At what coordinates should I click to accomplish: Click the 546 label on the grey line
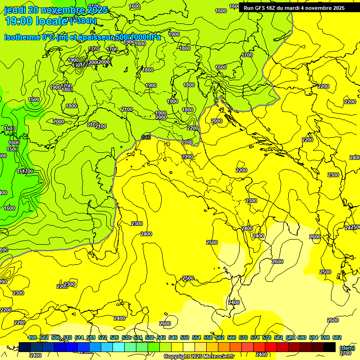pyautogui.click(x=146, y=137)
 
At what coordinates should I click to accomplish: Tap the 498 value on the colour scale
pyautogui.click(x=32, y=337)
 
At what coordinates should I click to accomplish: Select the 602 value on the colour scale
pyautogui.click(x=337, y=337)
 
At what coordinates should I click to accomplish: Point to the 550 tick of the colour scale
pyautogui.click(x=185, y=337)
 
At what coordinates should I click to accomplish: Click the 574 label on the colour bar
pyautogui.click(x=255, y=337)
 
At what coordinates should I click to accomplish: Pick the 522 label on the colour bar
pyautogui.click(x=103, y=337)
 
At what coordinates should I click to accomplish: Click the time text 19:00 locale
pyautogui.click(x=36, y=21)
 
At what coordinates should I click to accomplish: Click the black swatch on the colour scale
pyautogui.click(x=330, y=347)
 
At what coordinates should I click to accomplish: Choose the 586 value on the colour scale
pyautogui.click(x=290, y=337)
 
